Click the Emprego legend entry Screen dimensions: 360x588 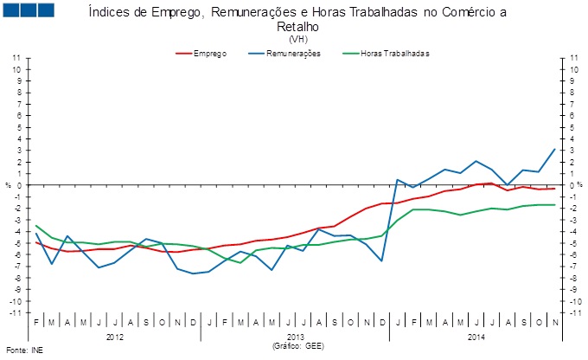click(210, 54)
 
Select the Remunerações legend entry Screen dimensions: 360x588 click(295, 54)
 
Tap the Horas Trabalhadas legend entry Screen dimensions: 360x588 click(394, 54)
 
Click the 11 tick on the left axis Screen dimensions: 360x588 click(17, 58)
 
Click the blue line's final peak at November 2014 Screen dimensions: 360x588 click(554, 149)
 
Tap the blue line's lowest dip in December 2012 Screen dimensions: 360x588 click(194, 273)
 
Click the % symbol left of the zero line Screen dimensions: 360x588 click(9, 185)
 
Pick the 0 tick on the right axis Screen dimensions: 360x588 click(572, 185)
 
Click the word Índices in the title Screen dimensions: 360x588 click(111, 12)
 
